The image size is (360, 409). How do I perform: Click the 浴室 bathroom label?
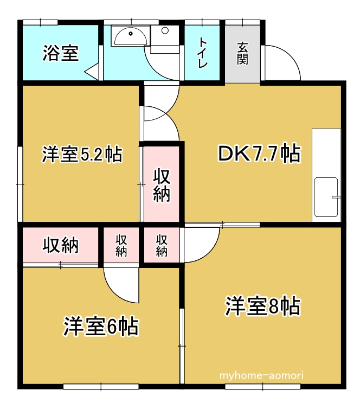(x=61, y=53)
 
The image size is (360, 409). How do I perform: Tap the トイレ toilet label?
(x=203, y=53)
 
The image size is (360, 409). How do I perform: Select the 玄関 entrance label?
(x=242, y=53)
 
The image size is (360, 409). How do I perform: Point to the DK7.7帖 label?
(x=259, y=154)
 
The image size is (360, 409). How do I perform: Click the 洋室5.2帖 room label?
(x=82, y=155)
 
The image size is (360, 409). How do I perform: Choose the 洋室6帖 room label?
(x=101, y=327)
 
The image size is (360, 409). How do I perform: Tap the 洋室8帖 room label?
(x=263, y=306)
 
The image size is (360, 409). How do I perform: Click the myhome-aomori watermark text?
(x=261, y=375)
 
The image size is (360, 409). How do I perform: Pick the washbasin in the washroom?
(x=131, y=36)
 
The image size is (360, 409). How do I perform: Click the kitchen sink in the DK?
(x=326, y=197)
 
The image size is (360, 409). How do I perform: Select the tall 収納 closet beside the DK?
(x=162, y=184)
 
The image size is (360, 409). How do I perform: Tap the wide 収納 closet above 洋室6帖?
(x=61, y=245)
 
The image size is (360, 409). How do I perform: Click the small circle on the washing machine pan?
(x=165, y=30)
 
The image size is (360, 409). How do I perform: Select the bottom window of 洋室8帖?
(x=263, y=386)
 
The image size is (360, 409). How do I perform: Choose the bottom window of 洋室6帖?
(x=101, y=386)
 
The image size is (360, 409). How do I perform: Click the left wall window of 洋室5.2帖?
(x=20, y=184)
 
